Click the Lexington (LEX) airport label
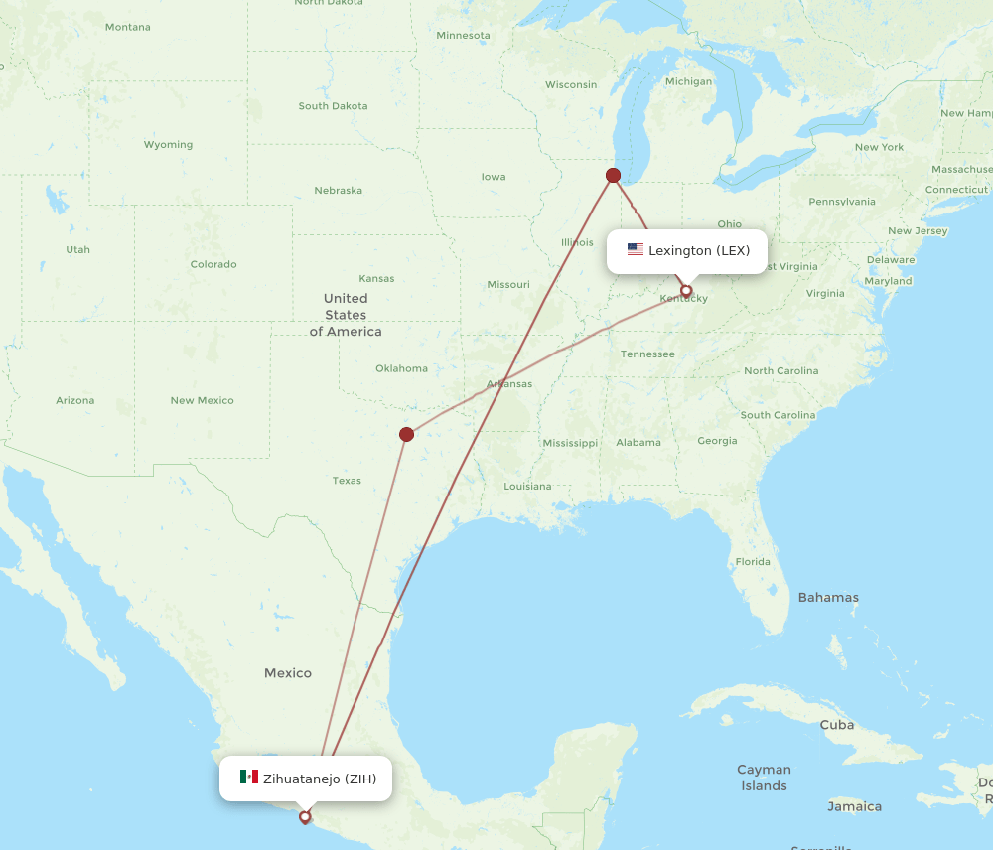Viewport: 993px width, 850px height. tap(698, 250)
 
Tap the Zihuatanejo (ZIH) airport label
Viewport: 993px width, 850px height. tap(319, 779)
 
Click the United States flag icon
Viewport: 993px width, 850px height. tap(636, 250)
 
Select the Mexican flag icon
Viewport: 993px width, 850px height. tap(248, 778)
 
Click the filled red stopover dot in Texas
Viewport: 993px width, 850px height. tap(406, 434)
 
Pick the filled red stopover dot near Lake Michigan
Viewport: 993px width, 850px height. tap(613, 176)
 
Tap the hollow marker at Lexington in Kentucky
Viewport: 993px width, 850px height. tap(685, 291)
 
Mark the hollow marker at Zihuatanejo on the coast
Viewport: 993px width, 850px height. tap(305, 818)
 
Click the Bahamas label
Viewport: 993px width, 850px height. tap(828, 598)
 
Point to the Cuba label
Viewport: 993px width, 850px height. tap(836, 725)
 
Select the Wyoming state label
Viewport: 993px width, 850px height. tap(168, 145)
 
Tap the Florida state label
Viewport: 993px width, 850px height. tap(752, 562)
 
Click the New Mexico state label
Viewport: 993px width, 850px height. tap(202, 401)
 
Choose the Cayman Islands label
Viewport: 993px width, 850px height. tap(764, 778)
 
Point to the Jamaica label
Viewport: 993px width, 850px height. tap(854, 806)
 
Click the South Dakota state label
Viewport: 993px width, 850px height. tap(333, 106)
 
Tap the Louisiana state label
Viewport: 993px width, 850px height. tap(527, 487)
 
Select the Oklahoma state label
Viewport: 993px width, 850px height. tap(401, 368)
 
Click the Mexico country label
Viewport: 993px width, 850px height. tap(288, 673)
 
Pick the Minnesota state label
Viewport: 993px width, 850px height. tap(463, 36)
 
